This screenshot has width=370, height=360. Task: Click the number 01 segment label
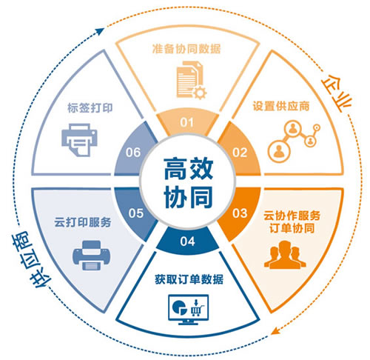pyautogui.click(x=186, y=122)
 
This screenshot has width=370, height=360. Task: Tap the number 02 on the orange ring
pyautogui.click(x=240, y=153)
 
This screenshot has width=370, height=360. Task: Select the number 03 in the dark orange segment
pyautogui.click(x=240, y=213)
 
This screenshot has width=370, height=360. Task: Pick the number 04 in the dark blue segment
pyautogui.click(x=187, y=241)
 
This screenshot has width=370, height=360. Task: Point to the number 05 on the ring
pyautogui.click(x=135, y=213)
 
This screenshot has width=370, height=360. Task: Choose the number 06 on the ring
pyautogui.click(x=133, y=153)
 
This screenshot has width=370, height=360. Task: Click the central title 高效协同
pyautogui.click(x=188, y=183)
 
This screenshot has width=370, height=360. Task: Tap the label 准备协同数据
pyautogui.click(x=186, y=49)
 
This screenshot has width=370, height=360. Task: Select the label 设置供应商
pyautogui.click(x=281, y=106)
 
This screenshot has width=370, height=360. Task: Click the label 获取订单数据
pyautogui.click(x=189, y=279)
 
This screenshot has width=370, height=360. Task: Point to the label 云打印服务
pyautogui.click(x=83, y=222)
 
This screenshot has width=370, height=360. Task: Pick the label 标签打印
pyautogui.click(x=90, y=108)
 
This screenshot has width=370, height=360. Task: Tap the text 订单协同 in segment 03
pyautogui.click(x=292, y=228)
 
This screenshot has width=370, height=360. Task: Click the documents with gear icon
pyautogui.click(x=192, y=80)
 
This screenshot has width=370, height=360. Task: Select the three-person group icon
pyautogui.click(x=285, y=255)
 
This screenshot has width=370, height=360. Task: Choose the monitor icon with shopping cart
pyautogui.click(x=188, y=310)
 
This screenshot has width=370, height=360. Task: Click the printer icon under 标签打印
pyautogui.click(x=79, y=140)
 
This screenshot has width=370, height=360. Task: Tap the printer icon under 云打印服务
pyautogui.click(x=91, y=256)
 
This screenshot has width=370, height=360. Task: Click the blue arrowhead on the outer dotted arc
pyautogui.click(x=100, y=31)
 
